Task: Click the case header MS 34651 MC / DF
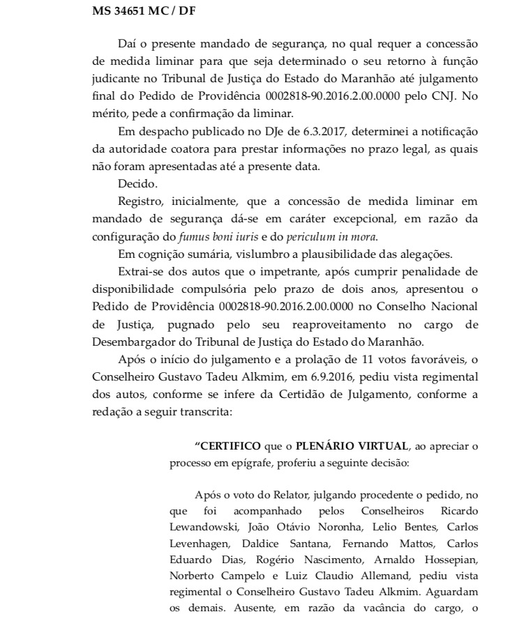click(135, 12)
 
